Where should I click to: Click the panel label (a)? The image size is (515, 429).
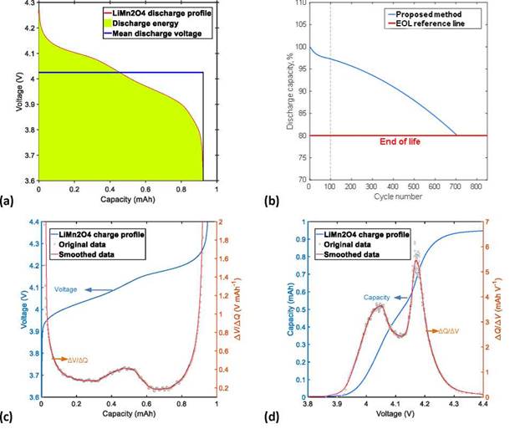9,201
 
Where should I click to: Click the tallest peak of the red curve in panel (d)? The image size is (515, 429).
416,263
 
